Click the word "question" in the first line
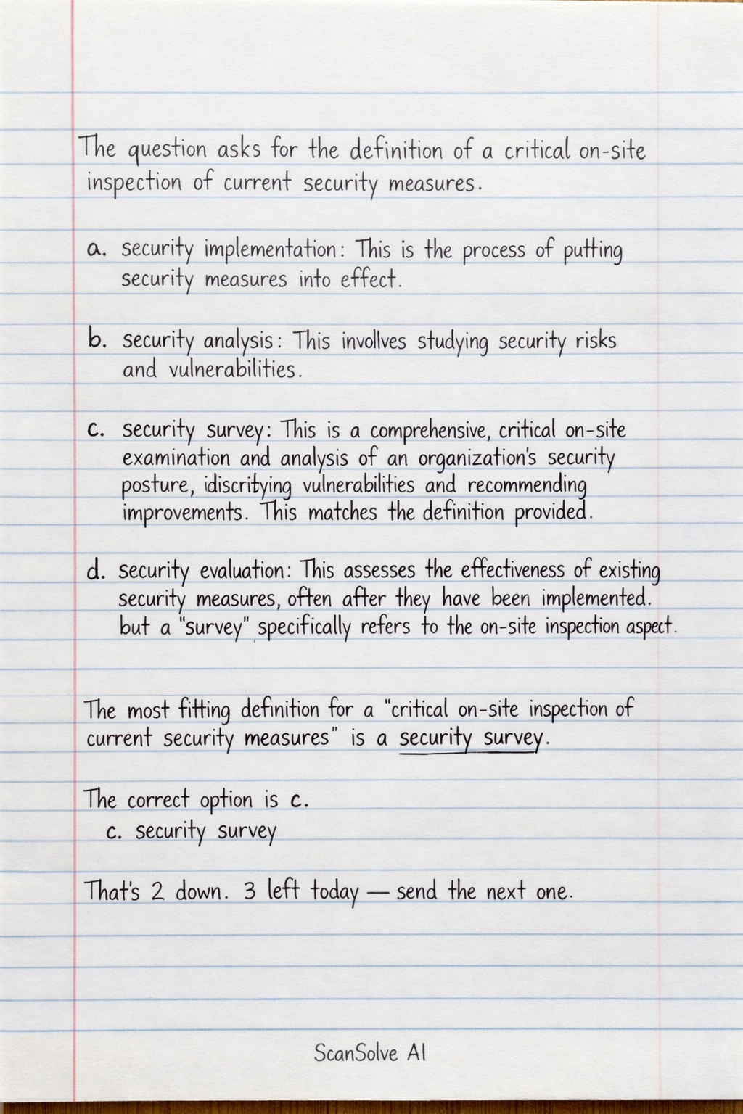[167, 152]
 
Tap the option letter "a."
[96, 249]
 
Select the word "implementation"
[269, 251]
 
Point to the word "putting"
[592, 252]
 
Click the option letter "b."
[97, 339]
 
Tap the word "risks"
[595, 340]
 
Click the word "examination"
[176, 458]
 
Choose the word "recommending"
[525, 485]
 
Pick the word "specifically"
[304, 627]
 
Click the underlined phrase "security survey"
[470, 739]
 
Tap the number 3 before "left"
[250, 891]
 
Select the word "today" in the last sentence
[334, 892]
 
